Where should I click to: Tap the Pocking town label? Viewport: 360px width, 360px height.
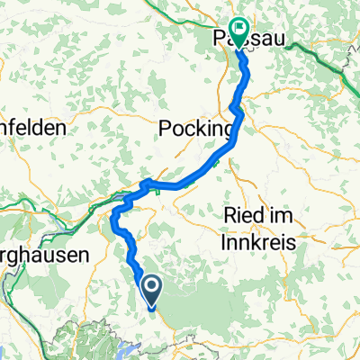click(196, 129)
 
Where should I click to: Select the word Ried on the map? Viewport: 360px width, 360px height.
click(239, 218)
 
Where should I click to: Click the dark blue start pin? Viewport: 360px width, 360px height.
click(151, 288)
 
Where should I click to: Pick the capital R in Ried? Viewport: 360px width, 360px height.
click(226, 218)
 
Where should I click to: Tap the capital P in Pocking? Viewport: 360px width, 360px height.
click(165, 129)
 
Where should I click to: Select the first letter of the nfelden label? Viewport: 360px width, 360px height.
click(4, 129)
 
